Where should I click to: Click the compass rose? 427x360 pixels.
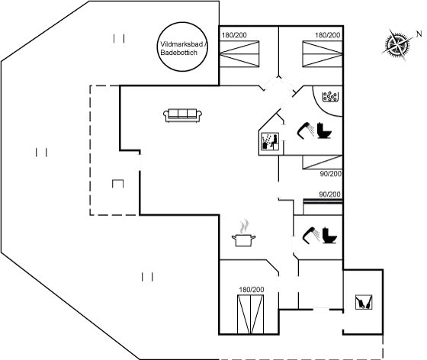click(x=399, y=44)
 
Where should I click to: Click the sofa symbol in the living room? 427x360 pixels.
click(x=184, y=114)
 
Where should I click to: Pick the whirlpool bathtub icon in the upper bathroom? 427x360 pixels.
click(x=329, y=97)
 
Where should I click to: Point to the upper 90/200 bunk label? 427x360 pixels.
click(x=330, y=174)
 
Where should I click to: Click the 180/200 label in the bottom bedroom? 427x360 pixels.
click(x=251, y=289)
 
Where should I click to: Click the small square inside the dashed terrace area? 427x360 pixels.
click(x=117, y=183)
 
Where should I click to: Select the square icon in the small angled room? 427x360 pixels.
click(x=268, y=140)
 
